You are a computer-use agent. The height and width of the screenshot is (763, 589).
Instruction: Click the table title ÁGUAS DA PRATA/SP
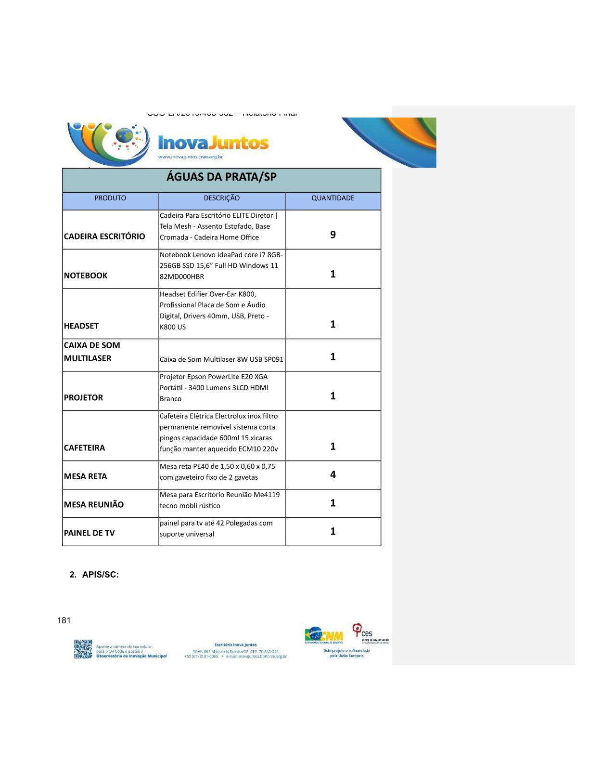tap(221, 177)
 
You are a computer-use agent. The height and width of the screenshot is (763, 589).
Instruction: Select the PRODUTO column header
tap(110, 198)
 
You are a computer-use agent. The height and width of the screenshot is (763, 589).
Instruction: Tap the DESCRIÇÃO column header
tap(221, 198)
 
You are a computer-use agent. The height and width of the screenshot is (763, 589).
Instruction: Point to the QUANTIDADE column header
tap(333, 198)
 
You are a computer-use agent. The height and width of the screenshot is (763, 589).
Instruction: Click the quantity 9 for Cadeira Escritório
tap(333, 235)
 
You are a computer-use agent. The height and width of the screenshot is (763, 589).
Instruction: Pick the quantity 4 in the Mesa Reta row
tap(333, 474)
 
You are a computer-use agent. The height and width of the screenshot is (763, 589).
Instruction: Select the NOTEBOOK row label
tap(86, 276)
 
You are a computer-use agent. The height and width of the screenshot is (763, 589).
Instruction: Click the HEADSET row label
tap(81, 326)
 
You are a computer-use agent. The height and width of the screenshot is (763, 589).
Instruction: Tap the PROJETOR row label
tap(83, 397)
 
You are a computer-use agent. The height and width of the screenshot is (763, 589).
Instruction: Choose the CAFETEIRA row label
tap(84, 447)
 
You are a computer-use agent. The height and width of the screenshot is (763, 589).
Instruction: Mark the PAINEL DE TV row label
tap(89, 533)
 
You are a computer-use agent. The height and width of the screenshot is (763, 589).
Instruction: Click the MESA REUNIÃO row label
tap(94, 504)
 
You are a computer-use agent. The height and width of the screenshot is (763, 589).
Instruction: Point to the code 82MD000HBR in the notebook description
tap(182, 276)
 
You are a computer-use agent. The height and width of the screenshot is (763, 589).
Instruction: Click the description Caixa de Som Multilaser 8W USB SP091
tap(221, 359)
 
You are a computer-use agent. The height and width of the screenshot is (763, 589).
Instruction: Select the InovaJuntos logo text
tap(213, 143)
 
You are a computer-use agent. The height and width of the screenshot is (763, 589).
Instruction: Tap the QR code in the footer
tap(83, 649)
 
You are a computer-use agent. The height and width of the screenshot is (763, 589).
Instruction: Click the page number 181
tap(64, 620)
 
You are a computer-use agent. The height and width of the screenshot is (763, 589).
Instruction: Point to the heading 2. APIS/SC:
tap(94, 575)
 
